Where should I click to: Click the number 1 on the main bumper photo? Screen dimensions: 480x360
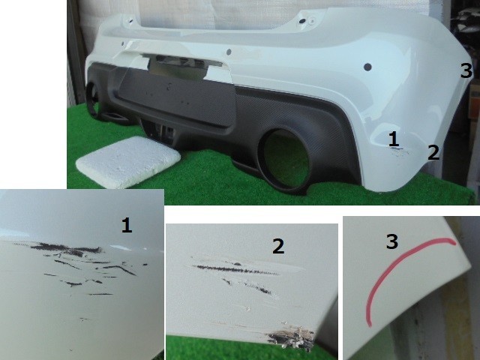pos(394,139)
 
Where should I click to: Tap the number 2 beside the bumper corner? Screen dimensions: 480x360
pos(433,152)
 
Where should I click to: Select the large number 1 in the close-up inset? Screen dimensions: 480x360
pos(127,225)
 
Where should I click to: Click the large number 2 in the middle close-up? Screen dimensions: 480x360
pos(278,246)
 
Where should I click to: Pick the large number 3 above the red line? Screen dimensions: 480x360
pos(392,241)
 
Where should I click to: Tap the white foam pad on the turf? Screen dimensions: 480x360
pos(128,162)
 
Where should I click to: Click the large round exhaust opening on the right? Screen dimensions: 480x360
pos(285,158)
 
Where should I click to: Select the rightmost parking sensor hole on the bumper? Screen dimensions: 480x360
pos(367,67)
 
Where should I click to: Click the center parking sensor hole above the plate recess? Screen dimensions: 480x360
pos(228,52)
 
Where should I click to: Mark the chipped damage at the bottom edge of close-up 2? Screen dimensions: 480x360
pos(292,337)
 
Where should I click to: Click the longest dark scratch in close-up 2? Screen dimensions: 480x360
pos(235,270)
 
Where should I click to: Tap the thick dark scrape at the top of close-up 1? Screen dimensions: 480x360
pos(66,248)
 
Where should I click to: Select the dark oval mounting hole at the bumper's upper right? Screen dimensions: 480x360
pos(302,21)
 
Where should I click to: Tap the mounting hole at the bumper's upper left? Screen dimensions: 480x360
pos(130,21)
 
